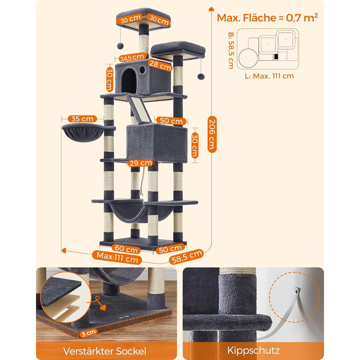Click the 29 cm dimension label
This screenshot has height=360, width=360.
tap(140, 163)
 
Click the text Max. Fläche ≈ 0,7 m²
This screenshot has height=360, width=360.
tap(267, 17)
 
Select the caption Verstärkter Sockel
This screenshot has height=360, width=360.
tap(105, 351)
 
